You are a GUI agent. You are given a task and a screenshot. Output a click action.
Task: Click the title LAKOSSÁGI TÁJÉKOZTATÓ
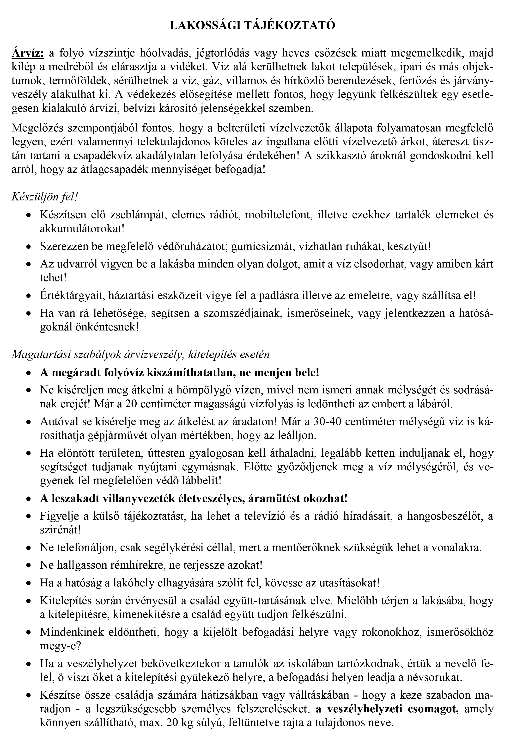tap(253, 26)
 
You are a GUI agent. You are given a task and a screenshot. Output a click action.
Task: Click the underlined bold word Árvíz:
tap(28, 53)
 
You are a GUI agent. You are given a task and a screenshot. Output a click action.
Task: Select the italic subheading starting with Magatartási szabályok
tap(140, 354)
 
